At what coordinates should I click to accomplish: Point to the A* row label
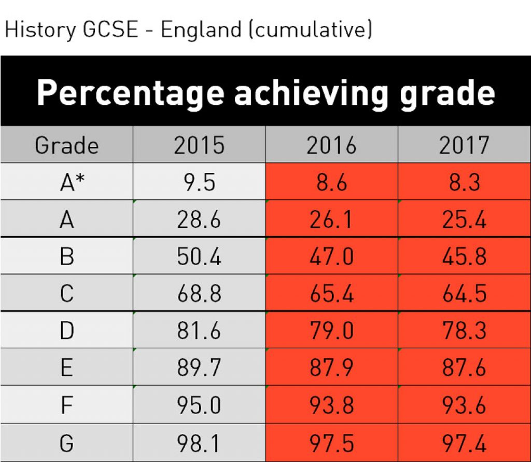pyautogui.click(x=66, y=183)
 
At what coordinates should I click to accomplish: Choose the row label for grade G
pyautogui.click(x=66, y=443)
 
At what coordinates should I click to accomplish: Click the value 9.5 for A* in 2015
pyautogui.click(x=199, y=183)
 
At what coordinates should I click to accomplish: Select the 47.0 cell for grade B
pyautogui.click(x=331, y=257)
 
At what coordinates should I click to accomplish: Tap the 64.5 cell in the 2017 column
pyautogui.click(x=464, y=294)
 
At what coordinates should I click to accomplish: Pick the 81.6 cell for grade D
pyautogui.click(x=199, y=331)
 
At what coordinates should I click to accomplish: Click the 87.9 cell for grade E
pyautogui.click(x=331, y=368)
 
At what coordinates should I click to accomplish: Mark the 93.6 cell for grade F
pyautogui.click(x=464, y=405)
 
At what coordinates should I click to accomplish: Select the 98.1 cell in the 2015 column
pyautogui.click(x=199, y=443)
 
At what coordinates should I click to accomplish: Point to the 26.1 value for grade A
pyautogui.click(x=331, y=220)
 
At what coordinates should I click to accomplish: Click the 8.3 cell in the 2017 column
pyautogui.click(x=464, y=183)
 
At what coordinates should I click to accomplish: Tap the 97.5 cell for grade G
pyautogui.click(x=331, y=443)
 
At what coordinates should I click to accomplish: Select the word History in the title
pyautogui.click(x=40, y=30)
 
